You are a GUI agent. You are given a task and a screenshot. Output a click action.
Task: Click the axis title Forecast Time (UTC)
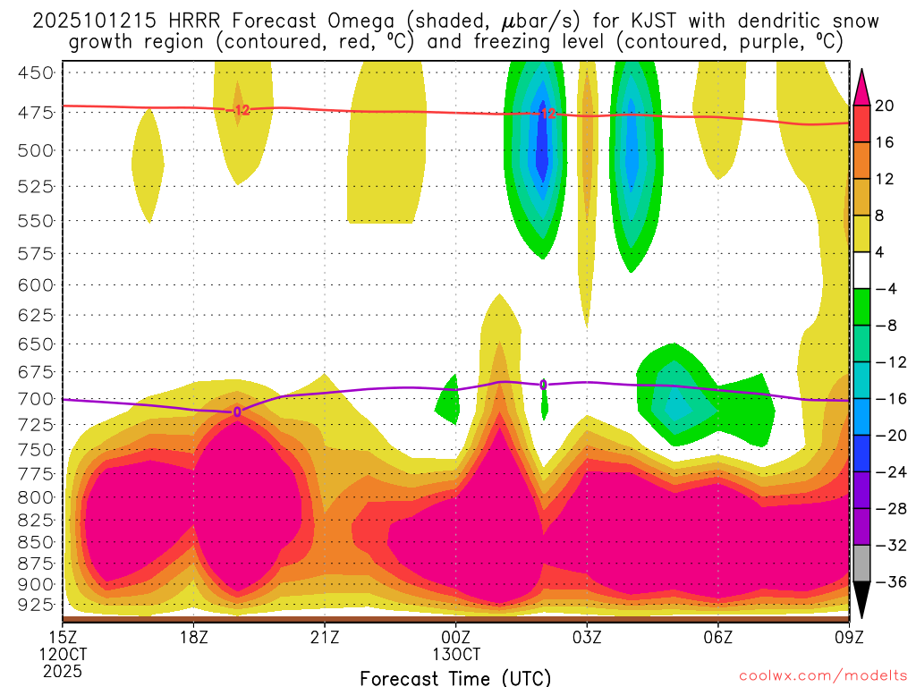click(455, 677)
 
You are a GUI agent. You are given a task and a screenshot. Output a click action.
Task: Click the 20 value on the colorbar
click(885, 106)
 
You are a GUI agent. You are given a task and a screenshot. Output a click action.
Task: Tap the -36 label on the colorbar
click(888, 582)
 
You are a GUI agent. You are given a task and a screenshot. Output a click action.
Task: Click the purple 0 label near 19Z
click(237, 411)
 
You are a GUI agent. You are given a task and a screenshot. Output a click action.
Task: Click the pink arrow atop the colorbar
click(862, 84)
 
